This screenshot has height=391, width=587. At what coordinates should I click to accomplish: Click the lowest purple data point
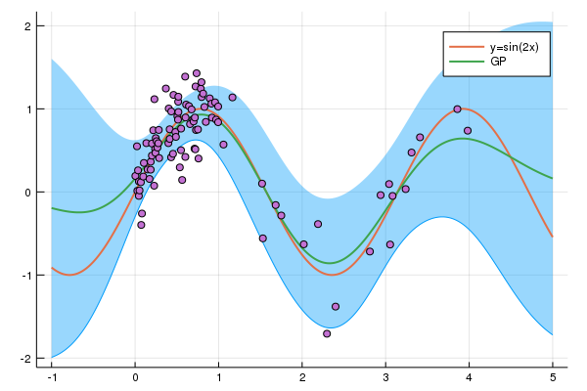(x=327, y=333)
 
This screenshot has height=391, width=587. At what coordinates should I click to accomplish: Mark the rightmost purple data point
(x=468, y=130)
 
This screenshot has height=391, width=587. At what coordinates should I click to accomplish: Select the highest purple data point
(x=197, y=73)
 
